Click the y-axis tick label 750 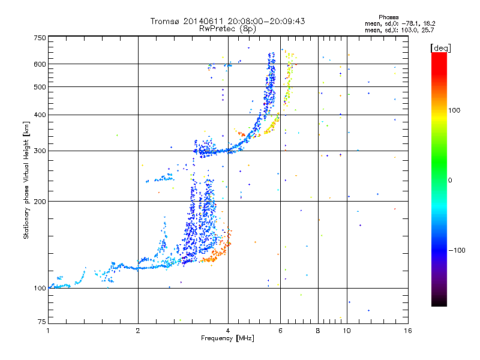click(x=40, y=37)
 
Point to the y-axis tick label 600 click(x=40, y=64)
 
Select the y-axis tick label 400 click(x=40, y=115)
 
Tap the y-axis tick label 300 click(x=40, y=151)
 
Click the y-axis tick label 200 click(x=40, y=202)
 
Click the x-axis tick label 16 click(x=407, y=331)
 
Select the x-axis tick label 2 click(x=138, y=331)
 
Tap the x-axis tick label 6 click(x=281, y=331)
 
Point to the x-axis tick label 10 click(x=347, y=331)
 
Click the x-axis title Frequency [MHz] click(x=227, y=338)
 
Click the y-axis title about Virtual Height click(x=26, y=181)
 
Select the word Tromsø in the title click(x=164, y=21)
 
